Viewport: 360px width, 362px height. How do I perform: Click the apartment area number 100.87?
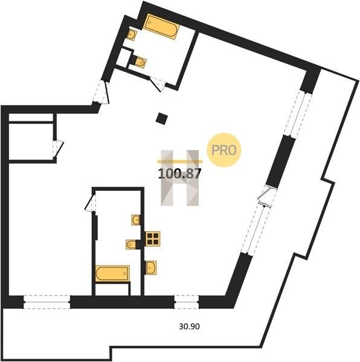pos(179,174)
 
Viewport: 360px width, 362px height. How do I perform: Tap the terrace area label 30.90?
pos(189,326)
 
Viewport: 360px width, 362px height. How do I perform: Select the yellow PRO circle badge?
pos(223,150)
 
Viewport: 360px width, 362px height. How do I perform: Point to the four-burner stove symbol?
pos(152,238)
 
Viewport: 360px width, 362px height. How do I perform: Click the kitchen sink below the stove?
pos(151,267)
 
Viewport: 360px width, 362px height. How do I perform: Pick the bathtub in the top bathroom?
pos(161,27)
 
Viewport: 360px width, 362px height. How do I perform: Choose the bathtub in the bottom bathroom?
pos(112,273)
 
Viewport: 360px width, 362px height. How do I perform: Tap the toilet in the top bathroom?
pos(140,62)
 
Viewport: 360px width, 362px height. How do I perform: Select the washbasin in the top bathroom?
pos(132,34)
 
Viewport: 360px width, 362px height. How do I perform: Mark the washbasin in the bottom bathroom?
pos(136,220)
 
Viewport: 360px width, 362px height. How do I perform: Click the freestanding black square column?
pos(161,118)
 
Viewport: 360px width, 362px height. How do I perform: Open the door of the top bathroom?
pos(157,84)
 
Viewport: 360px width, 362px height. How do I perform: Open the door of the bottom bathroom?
pos(91,202)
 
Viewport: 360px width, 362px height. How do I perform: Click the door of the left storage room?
pos(58,149)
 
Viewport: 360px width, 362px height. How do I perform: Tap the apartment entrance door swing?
pos(101,92)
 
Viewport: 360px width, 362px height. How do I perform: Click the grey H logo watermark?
pos(180,178)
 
